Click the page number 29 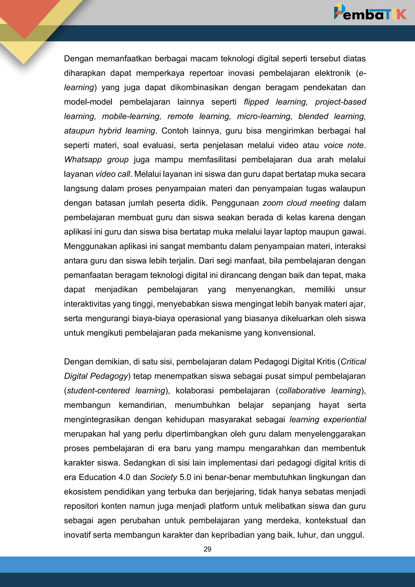(207, 549)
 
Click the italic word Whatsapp (83, 160)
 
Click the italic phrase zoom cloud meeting (301, 203)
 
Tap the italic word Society (163, 477)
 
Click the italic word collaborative (302, 390)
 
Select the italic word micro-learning (264, 116)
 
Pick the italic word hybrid (110, 131)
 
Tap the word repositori (81, 506)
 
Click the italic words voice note (343, 145)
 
